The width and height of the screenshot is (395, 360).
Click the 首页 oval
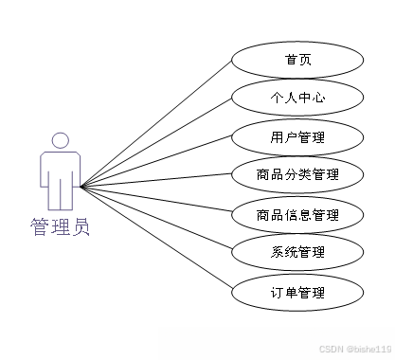tap(296, 60)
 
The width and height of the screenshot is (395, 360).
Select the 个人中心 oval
tap(296, 98)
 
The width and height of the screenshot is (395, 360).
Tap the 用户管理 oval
tap(296, 137)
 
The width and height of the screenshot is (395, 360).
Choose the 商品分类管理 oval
tap(296, 175)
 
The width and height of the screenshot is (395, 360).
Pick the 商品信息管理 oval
tap(296, 214)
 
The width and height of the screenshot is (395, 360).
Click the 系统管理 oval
tap(296, 252)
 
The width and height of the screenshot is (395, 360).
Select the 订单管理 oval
tap(296, 292)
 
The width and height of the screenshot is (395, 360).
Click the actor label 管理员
tap(60, 227)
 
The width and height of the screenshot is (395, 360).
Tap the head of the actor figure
tap(60, 140)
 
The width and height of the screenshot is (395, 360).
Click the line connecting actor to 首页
tap(156, 123)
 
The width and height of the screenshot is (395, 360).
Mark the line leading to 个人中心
tap(156, 142)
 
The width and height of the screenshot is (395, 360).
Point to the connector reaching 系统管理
tap(156, 220)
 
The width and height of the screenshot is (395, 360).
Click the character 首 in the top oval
tap(290, 60)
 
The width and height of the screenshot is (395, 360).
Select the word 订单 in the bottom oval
tap(283, 292)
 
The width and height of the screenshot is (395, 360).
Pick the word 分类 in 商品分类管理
tap(296, 175)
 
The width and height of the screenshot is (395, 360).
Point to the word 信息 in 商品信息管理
tap(296, 214)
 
